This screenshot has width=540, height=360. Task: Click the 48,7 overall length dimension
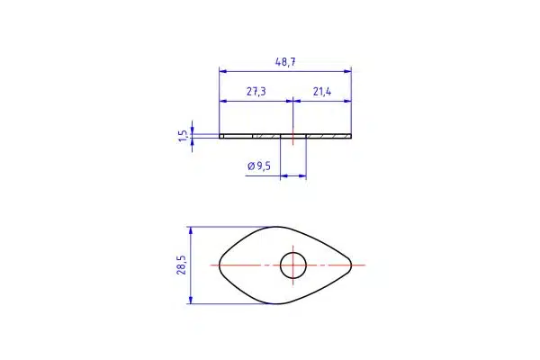pyautogui.click(x=285, y=62)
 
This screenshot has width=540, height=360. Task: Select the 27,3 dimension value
pyautogui.click(x=256, y=92)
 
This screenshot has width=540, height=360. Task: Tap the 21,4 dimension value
pyautogui.click(x=322, y=92)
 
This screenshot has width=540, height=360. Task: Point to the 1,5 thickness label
pyautogui.click(x=184, y=136)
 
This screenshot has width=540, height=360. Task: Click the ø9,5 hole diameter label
pyautogui.click(x=259, y=166)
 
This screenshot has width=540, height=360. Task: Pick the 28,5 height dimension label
pyautogui.click(x=181, y=265)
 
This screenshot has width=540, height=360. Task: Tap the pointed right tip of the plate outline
pyautogui.click(x=351, y=265)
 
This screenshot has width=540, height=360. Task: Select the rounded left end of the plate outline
pyautogui.click(x=220, y=265)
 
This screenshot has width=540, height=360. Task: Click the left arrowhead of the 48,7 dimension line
pyautogui.click(x=223, y=71)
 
